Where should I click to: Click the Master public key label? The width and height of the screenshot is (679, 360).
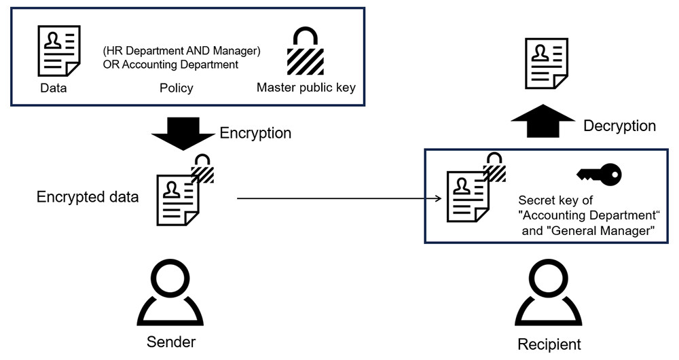click(306, 88)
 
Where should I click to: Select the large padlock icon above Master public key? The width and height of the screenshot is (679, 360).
click(305, 52)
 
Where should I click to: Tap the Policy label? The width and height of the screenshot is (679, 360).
click(176, 88)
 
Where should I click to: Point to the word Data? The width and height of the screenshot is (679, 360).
click(54, 88)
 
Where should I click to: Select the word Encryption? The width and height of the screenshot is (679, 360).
click(255, 133)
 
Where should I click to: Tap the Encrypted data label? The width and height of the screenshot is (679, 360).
click(88, 197)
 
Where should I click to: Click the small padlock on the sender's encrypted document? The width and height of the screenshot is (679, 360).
click(202, 170)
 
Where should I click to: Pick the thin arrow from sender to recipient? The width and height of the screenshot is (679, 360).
click(339, 200)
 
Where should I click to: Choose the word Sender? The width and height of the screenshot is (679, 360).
click(171, 341)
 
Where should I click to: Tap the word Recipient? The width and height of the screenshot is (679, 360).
click(549, 344)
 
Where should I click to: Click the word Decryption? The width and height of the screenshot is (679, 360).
click(619, 126)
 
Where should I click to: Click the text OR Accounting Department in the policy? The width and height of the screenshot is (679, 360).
click(170, 65)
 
